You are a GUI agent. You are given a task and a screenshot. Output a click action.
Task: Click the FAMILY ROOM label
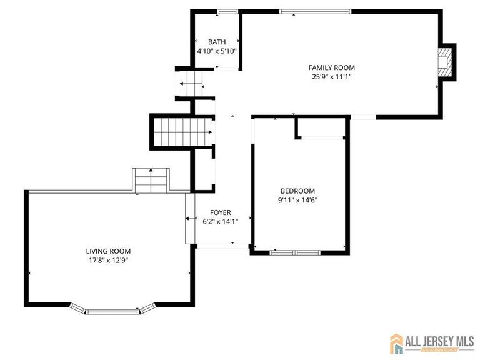tap(331, 67)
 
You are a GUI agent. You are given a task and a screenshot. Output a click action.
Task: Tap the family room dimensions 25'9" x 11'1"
tap(331, 77)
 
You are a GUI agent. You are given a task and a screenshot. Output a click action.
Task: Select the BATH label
tap(217, 42)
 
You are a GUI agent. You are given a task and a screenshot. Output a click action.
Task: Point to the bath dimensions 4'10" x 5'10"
tap(217, 51)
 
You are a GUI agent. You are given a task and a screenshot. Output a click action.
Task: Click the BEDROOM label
tap(297, 191)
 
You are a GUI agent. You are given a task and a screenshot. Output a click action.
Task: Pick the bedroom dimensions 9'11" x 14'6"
tap(297, 201)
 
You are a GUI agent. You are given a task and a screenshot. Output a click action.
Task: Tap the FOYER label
tap(221, 212)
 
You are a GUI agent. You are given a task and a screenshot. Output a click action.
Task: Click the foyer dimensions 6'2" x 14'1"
tap(221, 221)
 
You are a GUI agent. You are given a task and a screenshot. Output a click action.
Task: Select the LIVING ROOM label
tap(108, 251)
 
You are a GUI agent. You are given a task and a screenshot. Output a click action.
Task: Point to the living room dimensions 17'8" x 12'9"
tap(108, 261)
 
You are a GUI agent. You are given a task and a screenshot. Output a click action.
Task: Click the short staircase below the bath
tap(191, 83)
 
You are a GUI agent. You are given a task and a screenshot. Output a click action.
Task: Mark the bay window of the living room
tap(112, 309)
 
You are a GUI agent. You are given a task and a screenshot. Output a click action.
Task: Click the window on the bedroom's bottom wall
tap(294, 252)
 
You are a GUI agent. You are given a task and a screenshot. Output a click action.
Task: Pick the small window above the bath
tap(227, 11)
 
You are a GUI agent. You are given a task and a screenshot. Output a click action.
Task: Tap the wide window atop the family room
tap(315, 11)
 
